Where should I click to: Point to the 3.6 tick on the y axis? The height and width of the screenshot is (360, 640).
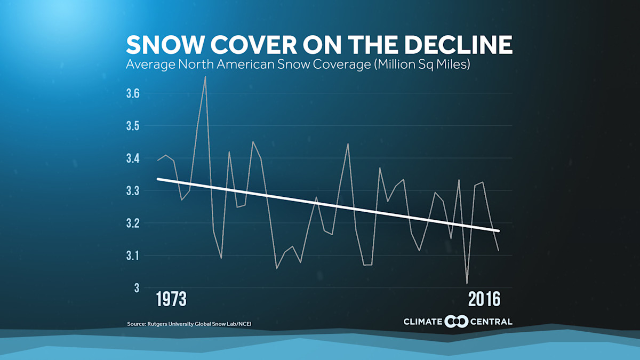click(x=133, y=93)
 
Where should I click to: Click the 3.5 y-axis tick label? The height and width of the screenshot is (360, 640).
click(x=133, y=126)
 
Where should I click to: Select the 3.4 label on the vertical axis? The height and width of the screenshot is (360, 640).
click(x=133, y=158)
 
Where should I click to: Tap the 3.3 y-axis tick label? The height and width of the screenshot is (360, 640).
click(x=133, y=190)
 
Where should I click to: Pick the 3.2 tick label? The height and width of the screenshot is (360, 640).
click(x=133, y=223)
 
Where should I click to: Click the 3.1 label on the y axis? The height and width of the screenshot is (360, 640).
click(x=133, y=255)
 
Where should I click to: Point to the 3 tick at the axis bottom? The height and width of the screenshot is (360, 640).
click(x=137, y=288)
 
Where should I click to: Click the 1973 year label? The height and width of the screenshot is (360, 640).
click(x=171, y=299)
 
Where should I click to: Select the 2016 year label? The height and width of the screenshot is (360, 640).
click(x=484, y=299)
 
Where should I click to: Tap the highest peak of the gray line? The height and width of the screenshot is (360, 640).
click(x=205, y=76)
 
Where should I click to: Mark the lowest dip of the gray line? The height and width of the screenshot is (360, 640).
click(x=467, y=284)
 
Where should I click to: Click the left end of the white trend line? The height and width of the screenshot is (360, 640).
click(x=158, y=179)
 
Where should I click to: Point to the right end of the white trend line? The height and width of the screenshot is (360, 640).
click(x=498, y=230)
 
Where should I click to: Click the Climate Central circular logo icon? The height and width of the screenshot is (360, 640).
click(x=457, y=321)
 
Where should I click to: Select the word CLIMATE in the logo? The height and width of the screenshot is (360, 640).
click(x=423, y=322)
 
